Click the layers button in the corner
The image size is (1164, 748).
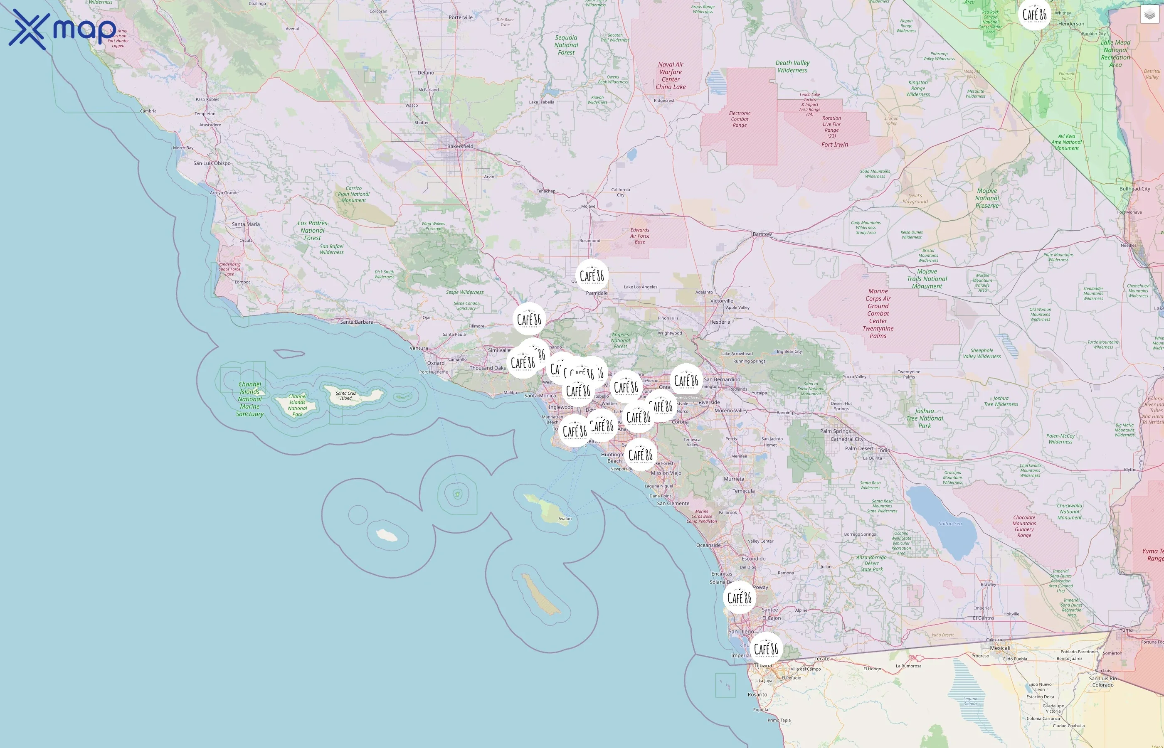(1149, 15)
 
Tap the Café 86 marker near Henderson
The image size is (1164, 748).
(1034, 15)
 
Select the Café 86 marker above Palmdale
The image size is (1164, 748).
(592, 276)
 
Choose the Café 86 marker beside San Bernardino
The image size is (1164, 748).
(686, 380)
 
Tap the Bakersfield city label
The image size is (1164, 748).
(460, 146)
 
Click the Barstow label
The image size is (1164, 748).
(762, 234)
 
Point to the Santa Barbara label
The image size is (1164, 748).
(357, 322)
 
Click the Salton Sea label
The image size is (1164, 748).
(950, 524)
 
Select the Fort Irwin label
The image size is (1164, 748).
(835, 144)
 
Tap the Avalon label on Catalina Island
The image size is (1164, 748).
(565, 518)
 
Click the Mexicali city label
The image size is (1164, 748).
(1000, 648)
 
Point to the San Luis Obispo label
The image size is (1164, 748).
(212, 163)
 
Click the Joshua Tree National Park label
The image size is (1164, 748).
(925, 418)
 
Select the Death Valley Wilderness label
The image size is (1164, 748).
(792, 66)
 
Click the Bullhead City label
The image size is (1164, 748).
(1134, 189)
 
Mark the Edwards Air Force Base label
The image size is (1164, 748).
(639, 236)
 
